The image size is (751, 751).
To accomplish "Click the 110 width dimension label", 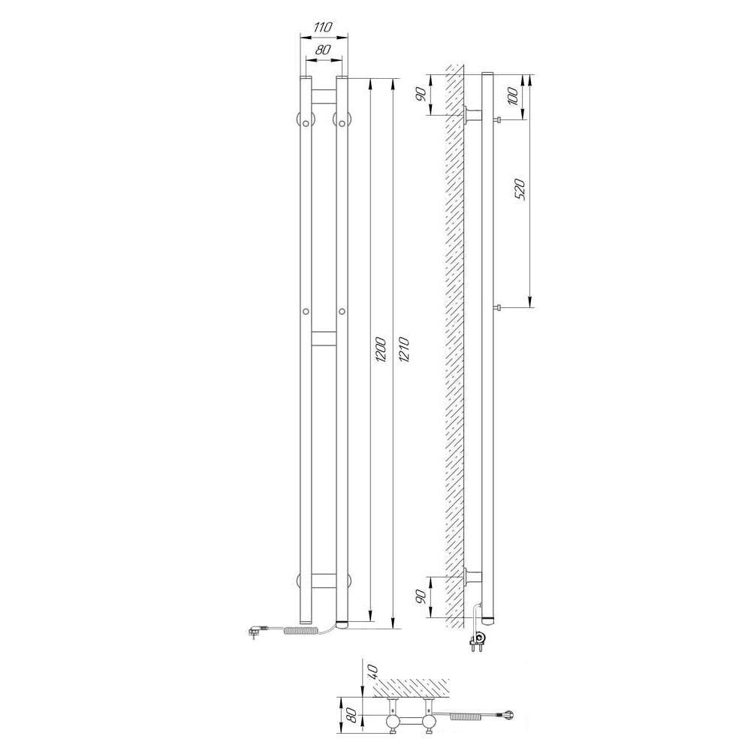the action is point(323,27).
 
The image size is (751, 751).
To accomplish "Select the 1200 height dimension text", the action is point(381,349).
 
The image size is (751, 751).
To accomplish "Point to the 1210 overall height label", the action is point(403,349).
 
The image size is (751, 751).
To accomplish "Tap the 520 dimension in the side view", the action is point(520,189).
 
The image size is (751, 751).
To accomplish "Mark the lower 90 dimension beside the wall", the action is point(421,596).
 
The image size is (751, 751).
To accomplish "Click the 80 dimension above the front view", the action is point(324,49).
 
